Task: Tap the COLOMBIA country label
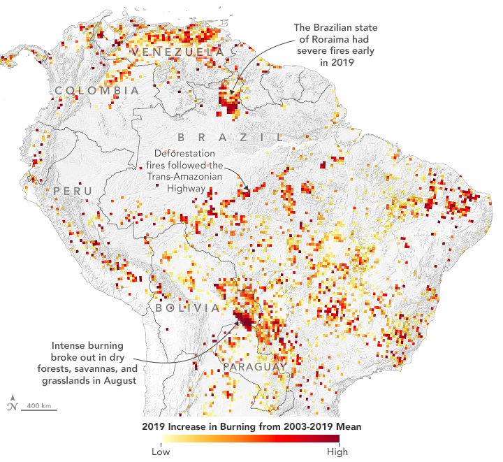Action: click(x=97, y=91)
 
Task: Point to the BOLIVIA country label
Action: click(x=188, y=308)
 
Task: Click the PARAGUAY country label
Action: click(x=254, y=366)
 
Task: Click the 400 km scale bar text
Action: click(x=38, y=406)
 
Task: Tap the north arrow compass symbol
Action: click(x=12, y=405)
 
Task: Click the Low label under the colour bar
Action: click(x=161, y=451)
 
